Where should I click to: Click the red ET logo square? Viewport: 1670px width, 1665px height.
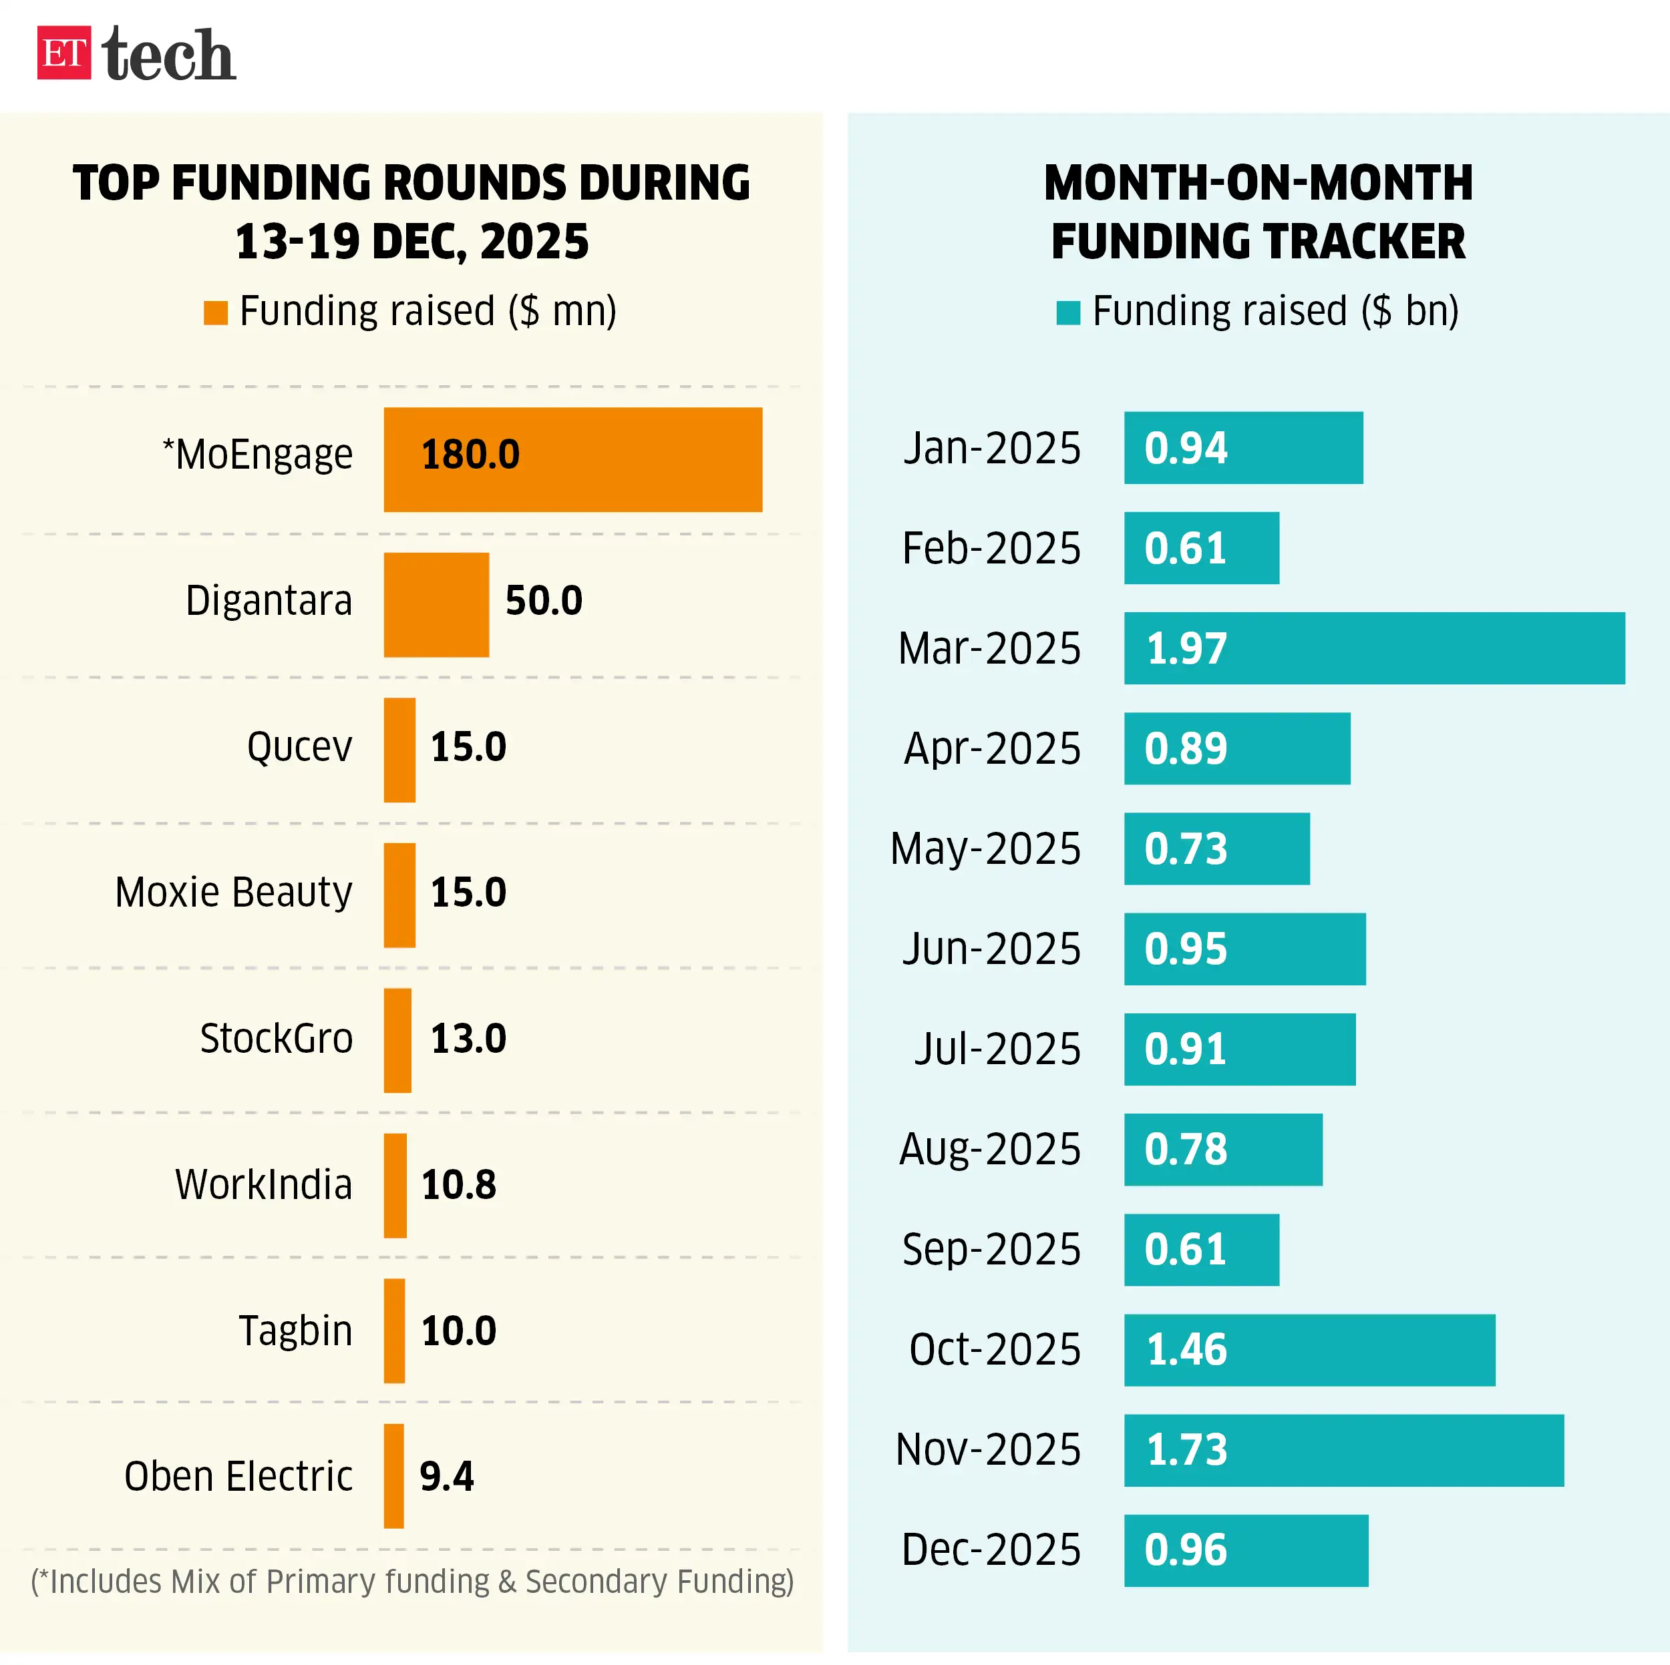click(x=64, y=53)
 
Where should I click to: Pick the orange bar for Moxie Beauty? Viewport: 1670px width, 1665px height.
click(x=399, y=895)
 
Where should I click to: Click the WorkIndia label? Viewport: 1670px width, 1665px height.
click(x=264, y=1184)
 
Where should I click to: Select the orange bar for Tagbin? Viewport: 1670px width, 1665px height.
click(x=394, y=1331)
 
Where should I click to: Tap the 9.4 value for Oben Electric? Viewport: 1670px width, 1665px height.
click(x=446, y=1477)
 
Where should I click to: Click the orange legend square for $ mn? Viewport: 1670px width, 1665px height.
click(x=215, y=313)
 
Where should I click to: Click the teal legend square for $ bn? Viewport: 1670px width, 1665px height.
click(x=1068, y=313)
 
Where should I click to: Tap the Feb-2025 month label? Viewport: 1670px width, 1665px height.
click(x=991, y=549)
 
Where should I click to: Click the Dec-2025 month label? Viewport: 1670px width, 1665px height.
click(x=991, y=1550)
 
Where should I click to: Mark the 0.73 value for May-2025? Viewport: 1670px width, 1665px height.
click(x=1186, y=849)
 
